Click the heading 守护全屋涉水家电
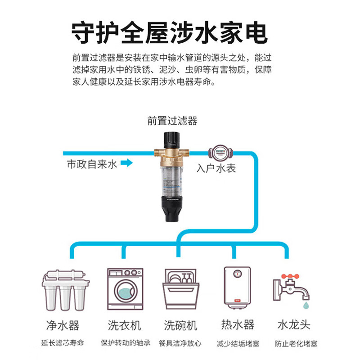(170, 32)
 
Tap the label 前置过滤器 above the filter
(172, 121)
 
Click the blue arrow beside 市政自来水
(127, 163)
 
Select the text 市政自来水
(92, 164)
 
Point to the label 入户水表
(216, 169)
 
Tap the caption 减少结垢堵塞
(238, 344)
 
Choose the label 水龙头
(294, 324)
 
